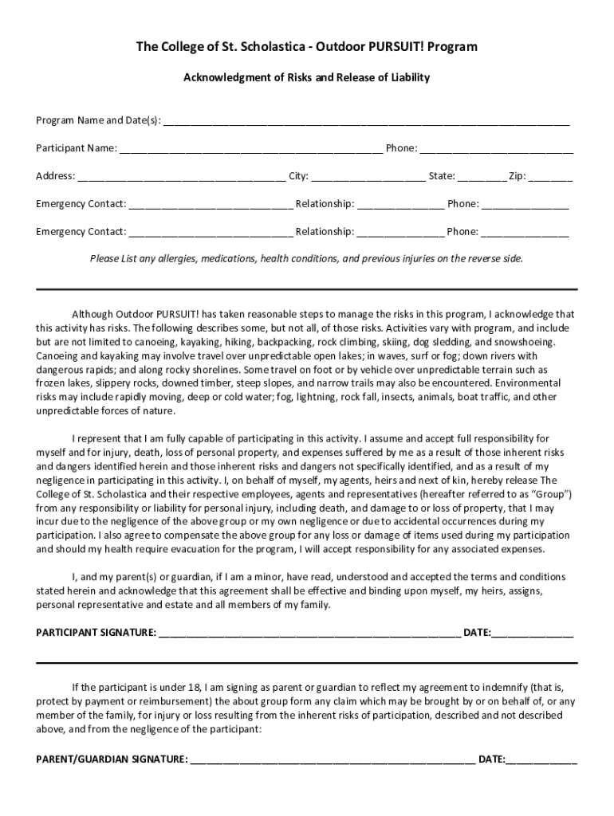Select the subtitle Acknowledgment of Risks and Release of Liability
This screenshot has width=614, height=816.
point(307,77)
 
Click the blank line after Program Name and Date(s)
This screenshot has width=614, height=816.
point(366,122)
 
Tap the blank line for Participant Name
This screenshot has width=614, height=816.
point(251,150)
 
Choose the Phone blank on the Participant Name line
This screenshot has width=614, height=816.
point(496,150)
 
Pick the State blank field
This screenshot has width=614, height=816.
point(481,178)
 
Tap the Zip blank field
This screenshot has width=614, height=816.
point(550,178)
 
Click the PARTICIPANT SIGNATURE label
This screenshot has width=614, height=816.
point(96,633)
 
